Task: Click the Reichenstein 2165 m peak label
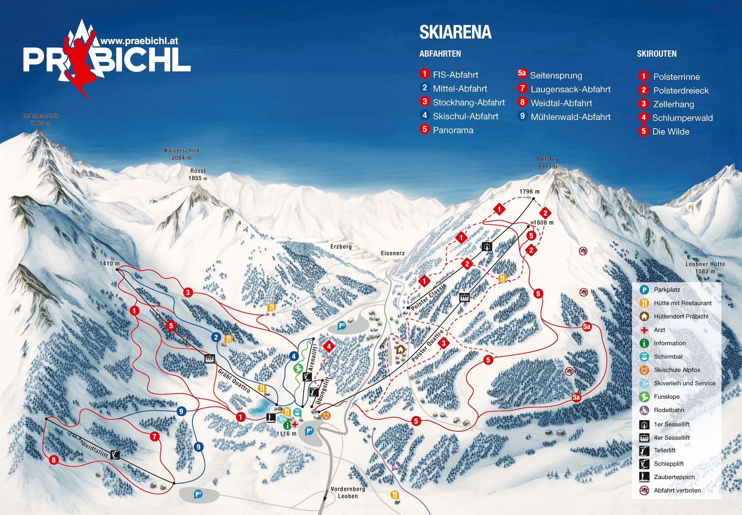[x=41, y=119]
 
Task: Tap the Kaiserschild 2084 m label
[x=182, y=154]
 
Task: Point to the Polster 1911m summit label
[x=548, y=163]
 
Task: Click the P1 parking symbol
[x=309, y=430]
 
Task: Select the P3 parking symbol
[x=198, y=494]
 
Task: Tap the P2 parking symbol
[x=341, y=326]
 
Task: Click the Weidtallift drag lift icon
[x=115, y=455]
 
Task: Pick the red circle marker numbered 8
[x=54, y=460]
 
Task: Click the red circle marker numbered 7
[x=155, y=437]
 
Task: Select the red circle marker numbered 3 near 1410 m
[x=188, y=293]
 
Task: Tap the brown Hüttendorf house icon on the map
[x=401, y=349]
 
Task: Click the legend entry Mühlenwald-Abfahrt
[x=570, y=117]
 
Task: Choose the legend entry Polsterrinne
[x=676, y=77]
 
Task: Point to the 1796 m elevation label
[x=529, y=192]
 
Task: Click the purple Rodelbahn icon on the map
[x=396, y=466]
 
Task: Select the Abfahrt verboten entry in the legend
[x=677, y=490]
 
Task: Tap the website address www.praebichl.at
[x=139, y=41]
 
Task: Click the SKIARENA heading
[x=455, y=32]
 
